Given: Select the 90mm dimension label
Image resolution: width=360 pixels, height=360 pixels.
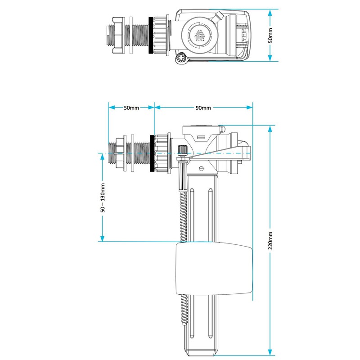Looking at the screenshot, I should point(203,108).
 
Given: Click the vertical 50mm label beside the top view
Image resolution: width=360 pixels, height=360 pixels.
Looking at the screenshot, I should point(270,35).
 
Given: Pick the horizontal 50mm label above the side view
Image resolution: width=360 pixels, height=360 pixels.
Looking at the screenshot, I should point(131,108).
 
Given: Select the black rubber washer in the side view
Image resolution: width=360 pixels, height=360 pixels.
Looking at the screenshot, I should point(152,153).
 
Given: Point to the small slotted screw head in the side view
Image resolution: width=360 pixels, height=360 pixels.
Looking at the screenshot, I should point(201,168).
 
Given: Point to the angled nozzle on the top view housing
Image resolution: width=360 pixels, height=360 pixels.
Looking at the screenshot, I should point(219,17).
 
